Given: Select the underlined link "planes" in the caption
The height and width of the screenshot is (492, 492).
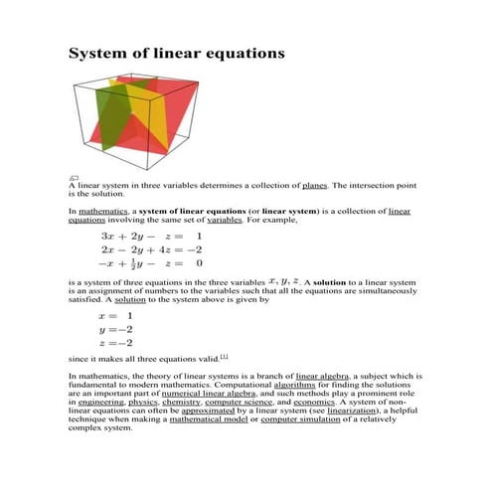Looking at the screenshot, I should coord(314,186).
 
